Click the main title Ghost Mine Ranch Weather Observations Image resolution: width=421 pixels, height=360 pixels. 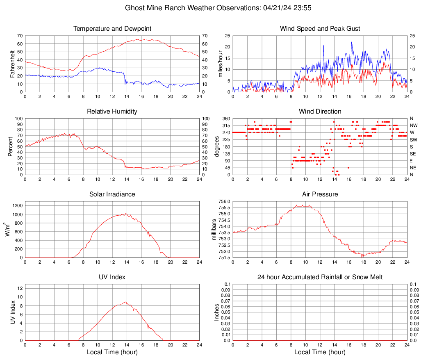pos(210,8)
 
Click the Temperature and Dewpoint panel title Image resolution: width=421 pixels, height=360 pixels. pos(112,29)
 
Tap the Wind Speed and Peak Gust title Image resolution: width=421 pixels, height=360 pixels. pos(320,29)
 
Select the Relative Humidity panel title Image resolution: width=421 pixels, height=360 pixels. pos(112,112)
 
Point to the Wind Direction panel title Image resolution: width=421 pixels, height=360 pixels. pos(320,112)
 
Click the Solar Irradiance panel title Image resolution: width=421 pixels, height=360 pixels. pos(112,194)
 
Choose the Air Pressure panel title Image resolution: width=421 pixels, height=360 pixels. pos(320,194)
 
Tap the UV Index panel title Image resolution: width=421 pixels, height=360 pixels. pos(112,277)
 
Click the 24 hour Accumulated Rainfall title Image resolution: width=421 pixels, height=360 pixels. pos(320,277)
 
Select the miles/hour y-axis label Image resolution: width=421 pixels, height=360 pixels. pos(221,64)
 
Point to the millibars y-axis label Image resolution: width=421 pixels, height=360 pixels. pos(214,229)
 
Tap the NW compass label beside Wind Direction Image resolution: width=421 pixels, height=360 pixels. pos(413,125)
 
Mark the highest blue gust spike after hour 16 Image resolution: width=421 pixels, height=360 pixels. pos(351,42)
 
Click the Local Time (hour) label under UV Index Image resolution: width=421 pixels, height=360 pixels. pos(112,352)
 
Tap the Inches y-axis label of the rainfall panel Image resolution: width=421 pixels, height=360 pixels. pos(217,312)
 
